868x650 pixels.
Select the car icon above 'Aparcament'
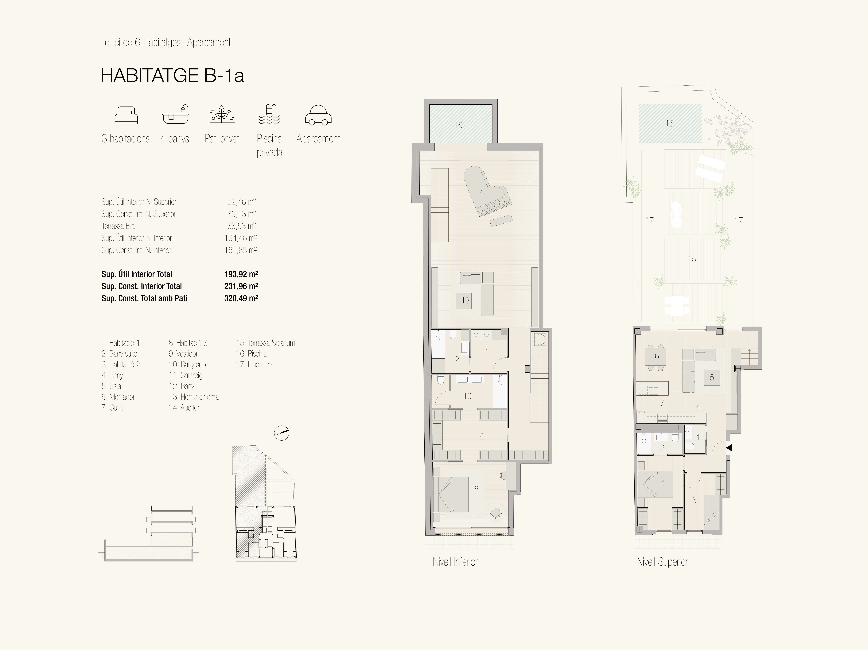[318, 115]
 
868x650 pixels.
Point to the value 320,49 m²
[241, 298]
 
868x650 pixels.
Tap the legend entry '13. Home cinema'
[193, 397]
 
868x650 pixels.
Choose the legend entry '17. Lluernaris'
[255, 365]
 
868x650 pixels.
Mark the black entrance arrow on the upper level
[729, 447]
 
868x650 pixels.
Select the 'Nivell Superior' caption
[662, 562]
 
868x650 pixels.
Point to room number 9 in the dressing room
[482, 436]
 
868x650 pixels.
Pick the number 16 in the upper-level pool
[669, 124]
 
